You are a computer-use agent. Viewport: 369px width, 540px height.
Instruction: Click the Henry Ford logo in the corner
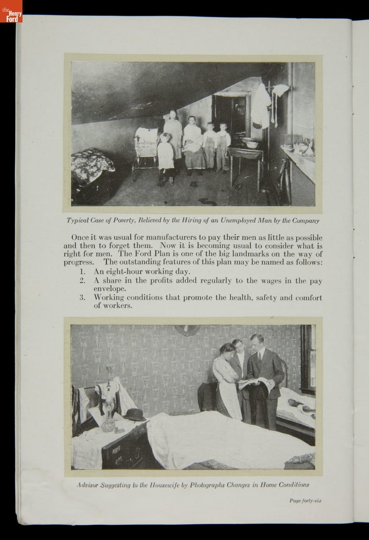pyautogui.click(x=11, y=11)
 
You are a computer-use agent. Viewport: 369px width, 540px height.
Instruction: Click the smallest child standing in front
pyautogui.click(x=166, y=155)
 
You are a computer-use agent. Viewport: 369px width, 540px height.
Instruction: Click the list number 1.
pyautogui.click(x=83, y=272)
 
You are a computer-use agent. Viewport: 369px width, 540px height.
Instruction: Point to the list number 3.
pyautogui.click(x=83, y=297)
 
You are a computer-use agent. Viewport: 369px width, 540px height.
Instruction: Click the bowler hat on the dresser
pyautogui.click(x=135, y=415)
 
